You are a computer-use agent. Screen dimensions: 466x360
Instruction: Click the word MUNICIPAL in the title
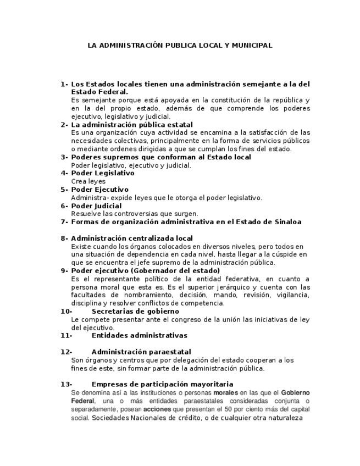click(251, 46)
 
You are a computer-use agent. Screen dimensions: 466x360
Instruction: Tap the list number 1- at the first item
click(64, 84)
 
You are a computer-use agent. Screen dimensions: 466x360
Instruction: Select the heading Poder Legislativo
click(103, 173)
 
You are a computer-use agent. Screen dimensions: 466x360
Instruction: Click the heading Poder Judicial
click(97, 206)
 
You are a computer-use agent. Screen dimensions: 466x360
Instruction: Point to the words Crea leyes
click(88, 181)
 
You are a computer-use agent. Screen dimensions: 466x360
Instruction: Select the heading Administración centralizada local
click(132, 238)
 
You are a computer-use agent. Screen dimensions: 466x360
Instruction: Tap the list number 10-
click(66, 311)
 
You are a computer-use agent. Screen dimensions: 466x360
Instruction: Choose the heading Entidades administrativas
click(139, 335)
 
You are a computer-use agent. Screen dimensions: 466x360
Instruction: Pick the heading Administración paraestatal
click(141, 352)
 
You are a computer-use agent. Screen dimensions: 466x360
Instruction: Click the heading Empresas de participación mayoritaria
click(162, 384)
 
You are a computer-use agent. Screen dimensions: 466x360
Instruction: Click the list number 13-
click(66, 384)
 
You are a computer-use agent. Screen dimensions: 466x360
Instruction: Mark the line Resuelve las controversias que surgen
click(135, 214)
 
